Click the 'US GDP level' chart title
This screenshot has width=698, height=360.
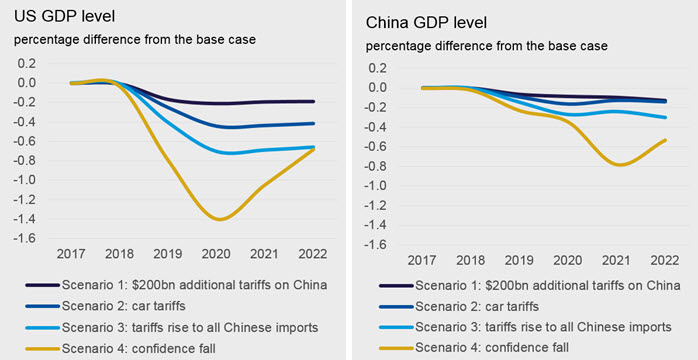[65, 17]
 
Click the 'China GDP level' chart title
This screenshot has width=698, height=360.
[426, 23]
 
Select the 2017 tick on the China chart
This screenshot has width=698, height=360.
[422, 260]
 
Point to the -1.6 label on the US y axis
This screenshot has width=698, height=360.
[28, 239]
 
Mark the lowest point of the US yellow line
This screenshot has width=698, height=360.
[220, 219]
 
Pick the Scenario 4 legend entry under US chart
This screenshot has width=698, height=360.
[123, 347]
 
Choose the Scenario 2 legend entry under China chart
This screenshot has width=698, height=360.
[459, 306]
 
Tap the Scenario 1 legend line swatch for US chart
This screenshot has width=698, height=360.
[42, 285]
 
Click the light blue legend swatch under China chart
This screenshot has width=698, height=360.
[396, 327]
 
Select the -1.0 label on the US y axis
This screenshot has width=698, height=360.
[28, 180]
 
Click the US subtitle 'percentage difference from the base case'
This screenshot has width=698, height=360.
[135, 40]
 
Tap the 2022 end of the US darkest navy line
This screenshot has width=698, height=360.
[314, 101]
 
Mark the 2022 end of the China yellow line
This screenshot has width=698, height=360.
[666, 140]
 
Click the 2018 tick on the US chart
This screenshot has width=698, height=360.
[120, 254]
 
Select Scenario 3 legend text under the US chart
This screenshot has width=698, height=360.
[191, 327]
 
